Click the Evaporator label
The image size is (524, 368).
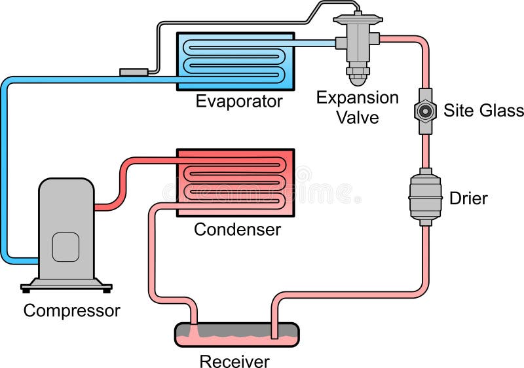(x=239, y=101)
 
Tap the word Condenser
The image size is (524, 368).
(x=237, y=230)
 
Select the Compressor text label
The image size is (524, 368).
(x=72, y=310)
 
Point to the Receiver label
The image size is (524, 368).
(x=234, y=361)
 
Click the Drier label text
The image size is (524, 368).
(x=468, y=198)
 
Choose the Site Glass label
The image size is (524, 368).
(x=483, y=109)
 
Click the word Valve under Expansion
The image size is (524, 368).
(x=357, y=117)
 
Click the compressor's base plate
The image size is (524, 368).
(x=66, y=285)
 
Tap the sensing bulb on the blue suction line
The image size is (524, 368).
(x=133, y=71)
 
